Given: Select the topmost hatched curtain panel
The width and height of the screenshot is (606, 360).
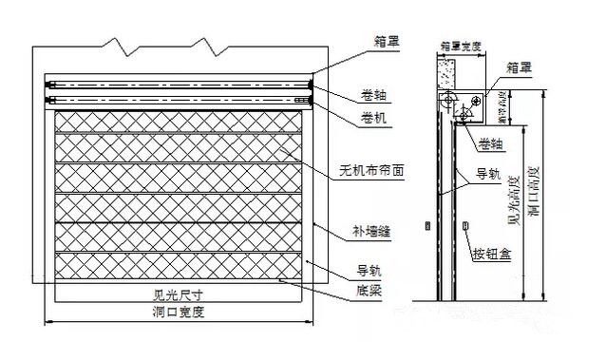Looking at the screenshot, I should pyautogui.click(x=181, y=122).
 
